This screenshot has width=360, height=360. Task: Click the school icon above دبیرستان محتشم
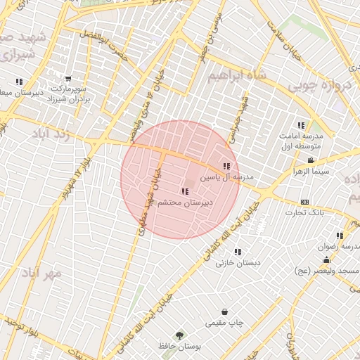184,191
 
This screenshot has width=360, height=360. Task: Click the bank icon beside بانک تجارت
304,202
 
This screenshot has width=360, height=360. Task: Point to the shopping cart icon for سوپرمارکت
68,80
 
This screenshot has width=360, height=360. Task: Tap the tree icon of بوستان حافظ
180,336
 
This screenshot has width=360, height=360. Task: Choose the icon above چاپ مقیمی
224,311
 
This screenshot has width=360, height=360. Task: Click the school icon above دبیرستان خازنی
238,252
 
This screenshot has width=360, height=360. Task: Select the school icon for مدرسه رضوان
340,236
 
